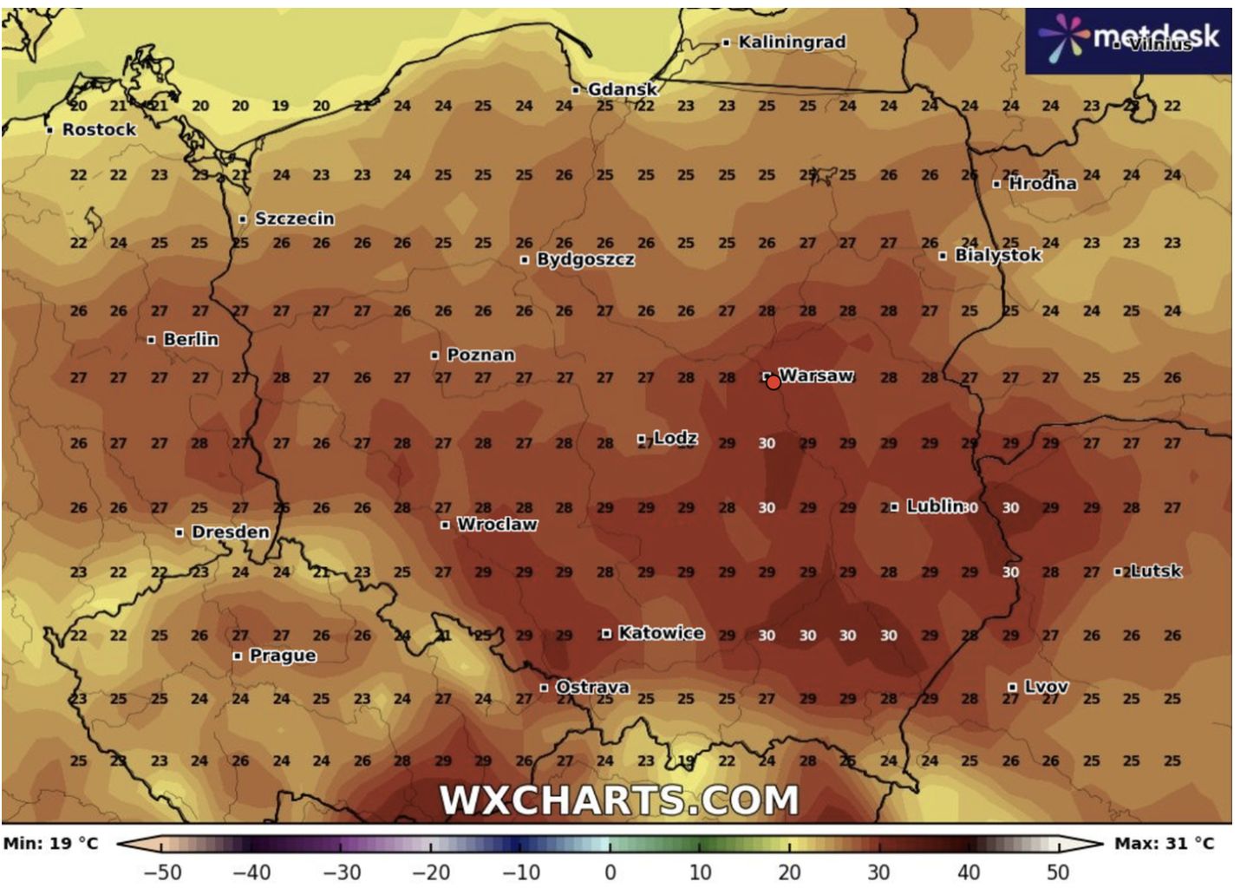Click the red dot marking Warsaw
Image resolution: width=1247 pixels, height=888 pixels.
pos(774,382)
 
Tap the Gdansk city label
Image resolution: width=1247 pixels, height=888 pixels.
pos(622,89)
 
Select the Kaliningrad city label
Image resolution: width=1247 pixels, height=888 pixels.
pos(791,42)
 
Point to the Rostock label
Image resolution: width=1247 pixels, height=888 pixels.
pos(99,130)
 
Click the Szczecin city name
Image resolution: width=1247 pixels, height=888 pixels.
pos(294,219)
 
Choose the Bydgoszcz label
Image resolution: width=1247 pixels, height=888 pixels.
pos(585,259)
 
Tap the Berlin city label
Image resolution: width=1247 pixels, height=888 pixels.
pos(191,339)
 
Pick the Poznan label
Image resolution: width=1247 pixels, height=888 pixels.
pos(480,355)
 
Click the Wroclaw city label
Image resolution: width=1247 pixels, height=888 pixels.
pos(497,525)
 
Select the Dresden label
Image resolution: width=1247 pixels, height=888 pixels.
pos(230,532)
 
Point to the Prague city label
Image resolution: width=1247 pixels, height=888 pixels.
pos(283,656)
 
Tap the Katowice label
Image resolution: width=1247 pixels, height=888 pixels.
pos(661,633)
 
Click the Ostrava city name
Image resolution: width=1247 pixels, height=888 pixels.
pos(592,687)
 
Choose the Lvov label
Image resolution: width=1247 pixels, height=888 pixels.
pos(1046,687)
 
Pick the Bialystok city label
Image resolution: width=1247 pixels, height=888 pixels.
pos(997,255)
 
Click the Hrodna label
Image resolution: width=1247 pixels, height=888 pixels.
pos(1042,184)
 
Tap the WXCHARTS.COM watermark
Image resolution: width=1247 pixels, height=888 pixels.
pos(619,800)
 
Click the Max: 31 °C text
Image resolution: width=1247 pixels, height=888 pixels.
pos(1164,843)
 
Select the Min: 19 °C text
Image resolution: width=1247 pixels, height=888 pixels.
pos(51,843)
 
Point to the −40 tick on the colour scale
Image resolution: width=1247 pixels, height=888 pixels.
pos(251,871)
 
